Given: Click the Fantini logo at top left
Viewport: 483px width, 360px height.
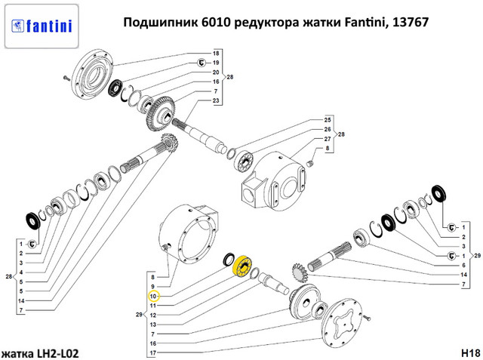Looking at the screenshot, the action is (42, 26).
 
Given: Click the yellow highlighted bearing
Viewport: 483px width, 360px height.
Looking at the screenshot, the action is (241, 266).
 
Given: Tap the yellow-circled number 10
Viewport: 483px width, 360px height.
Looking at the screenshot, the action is (153, 297).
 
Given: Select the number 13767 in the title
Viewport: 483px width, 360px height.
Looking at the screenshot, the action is (411, 22).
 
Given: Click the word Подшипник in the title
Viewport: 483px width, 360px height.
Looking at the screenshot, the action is (160, 23).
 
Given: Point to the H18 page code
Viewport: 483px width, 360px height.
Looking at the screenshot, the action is (471, 352).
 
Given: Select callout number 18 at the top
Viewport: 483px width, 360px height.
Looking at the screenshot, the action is (216, 54).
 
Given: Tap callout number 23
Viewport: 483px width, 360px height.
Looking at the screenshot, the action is (216, 100).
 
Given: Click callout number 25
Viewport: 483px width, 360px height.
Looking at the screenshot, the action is (328, 120).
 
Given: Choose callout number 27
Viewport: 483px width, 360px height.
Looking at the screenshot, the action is (328, 139).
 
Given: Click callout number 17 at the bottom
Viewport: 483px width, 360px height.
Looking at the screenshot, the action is (153, 352).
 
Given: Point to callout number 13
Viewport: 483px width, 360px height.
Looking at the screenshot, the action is (153, 325).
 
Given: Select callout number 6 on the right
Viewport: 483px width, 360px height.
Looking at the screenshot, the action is (463, 265).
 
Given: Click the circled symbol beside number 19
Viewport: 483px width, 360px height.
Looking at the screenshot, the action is (202, 63).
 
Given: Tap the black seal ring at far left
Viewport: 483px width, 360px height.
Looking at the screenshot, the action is (32, 221).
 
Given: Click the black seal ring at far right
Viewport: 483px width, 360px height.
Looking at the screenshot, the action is (439, 193).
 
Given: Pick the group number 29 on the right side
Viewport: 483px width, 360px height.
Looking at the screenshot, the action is (477, 255).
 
